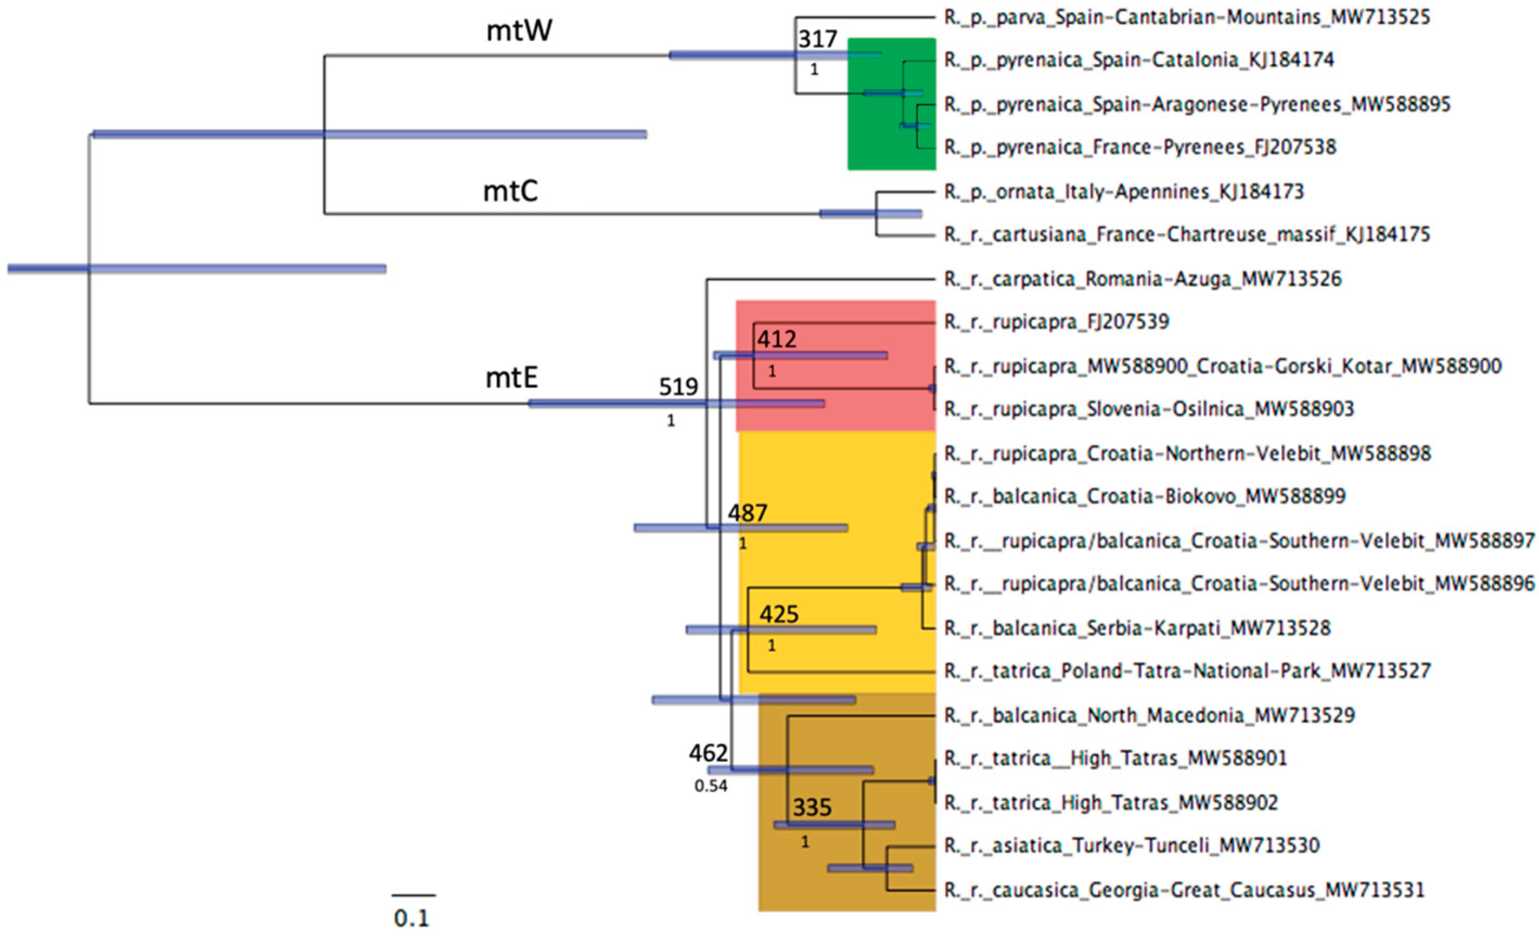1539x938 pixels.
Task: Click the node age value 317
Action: coord(817,40)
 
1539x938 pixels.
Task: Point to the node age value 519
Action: coord(678,387)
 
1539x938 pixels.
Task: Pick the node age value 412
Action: coord(777,339)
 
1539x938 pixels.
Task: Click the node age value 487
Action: coord(747,513)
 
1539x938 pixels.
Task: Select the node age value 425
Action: coord(779,614)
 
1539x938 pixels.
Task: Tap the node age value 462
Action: coord(708,753)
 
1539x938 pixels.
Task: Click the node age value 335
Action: coord(812,807)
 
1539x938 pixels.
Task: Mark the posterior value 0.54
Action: coord(711,786)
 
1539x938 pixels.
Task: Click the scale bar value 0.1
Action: coord(412,918)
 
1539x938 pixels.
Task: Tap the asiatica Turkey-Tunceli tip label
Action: coord(1132,846)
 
